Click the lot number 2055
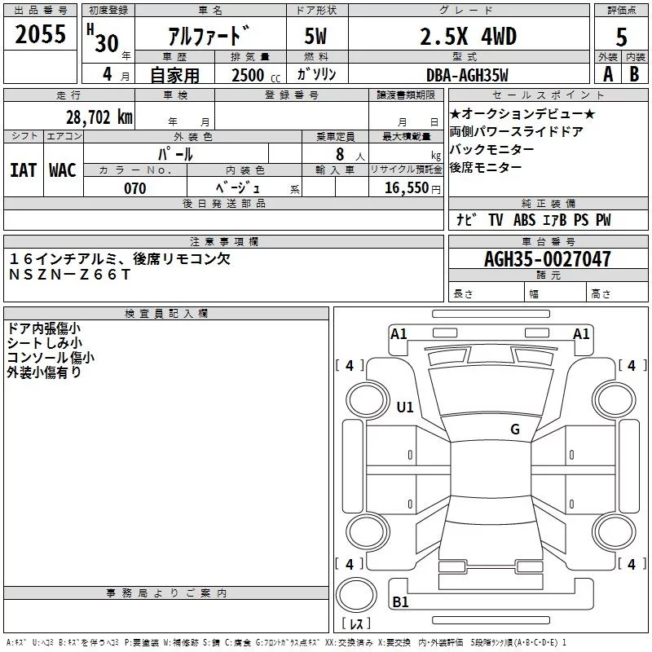pos(41,34)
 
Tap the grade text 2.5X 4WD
pos(468,37)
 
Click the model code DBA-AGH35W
pos(467,75)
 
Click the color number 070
pos(134,188)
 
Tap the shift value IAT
pos(23,170)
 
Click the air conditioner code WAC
pos(62,170)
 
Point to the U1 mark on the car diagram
pos(404,407)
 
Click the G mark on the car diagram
pos(515,430)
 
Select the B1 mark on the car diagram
pos(400,602)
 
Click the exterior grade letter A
pos(607,75)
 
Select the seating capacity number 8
pos(337,153)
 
